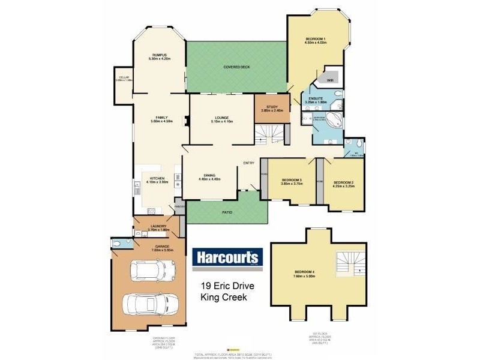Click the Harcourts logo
point(227,257)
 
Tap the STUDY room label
point(272,107)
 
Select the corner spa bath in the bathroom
point(335,119)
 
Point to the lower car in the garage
point(149,305)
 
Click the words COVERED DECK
point(236,66)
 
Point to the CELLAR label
point(124,77)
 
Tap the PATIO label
point(227,212)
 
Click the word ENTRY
point(249,163)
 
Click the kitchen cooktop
point(152,211)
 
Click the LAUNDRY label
point(158,226)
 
